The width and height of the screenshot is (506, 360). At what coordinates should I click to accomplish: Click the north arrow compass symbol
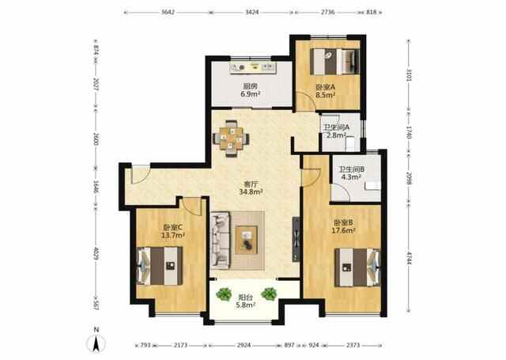tap(96, 343)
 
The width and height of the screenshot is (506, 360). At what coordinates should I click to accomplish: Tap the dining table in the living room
tap(231, 138)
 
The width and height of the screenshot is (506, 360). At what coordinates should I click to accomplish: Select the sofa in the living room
tap(220, 241)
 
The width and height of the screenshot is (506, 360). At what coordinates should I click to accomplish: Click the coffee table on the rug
tap(247, 240)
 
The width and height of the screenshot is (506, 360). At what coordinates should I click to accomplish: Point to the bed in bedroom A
tap(335, 62)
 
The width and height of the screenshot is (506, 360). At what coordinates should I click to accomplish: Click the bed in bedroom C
tap(160, 266)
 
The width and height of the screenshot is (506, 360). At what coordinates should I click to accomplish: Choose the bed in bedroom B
tap(357, 267)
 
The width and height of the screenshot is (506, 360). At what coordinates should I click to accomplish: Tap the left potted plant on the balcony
tap(224, 294)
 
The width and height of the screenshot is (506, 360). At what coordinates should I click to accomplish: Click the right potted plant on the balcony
tap(269, 294)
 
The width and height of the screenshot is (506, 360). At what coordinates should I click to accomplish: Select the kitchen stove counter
tap(253, 67)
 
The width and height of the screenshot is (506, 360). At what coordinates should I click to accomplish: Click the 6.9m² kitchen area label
tap(251, 94)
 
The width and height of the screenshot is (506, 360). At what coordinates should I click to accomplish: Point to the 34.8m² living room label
tap(251, 191)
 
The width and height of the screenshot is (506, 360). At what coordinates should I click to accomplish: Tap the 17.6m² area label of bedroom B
tap(343, 230)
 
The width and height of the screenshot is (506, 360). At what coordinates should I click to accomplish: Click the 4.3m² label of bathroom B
tap(351, 177)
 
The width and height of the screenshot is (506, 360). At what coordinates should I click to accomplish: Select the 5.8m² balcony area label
tap(246, 305)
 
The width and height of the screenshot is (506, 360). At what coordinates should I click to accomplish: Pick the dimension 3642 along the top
tap(168, 13)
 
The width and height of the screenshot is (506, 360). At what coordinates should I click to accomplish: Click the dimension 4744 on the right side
tap(409, 258)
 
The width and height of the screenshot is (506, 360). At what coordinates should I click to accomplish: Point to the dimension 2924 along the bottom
tap(244, 345)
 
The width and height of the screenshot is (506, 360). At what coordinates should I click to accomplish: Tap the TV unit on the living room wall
tap(296, 239)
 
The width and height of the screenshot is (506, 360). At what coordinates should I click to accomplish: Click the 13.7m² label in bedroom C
tap(173, 235)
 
